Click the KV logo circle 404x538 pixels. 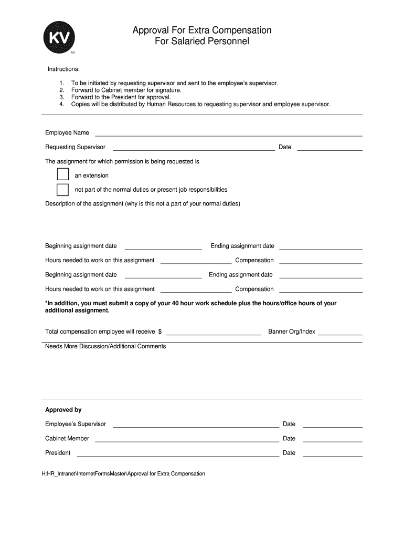(x=59, y=38)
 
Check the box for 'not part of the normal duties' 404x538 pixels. (x=62, y=189)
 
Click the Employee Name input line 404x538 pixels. (x=228, y=135)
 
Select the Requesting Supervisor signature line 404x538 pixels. (x=194, y=149)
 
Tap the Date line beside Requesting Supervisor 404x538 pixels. (x=329, y=149)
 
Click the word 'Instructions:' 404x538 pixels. (x=63, y=69)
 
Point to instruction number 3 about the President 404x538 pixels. (x=121, y=97)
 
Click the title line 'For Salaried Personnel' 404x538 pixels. (x=201, y=41)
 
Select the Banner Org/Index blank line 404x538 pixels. (x=340, y=334)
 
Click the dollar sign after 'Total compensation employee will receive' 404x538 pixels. (x=160, y=332)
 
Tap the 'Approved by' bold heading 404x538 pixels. (x=63, y=410)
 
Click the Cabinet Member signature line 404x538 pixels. (x=196, y=441)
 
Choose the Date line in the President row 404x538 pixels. (x=333, y=455)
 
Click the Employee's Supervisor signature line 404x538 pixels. (x=196, y=427)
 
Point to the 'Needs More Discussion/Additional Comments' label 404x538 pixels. (x=105, y=346)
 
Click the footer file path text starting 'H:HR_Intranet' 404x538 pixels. (x=125, y=473)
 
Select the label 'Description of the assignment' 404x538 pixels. (x=84, y=203)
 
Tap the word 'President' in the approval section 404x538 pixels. (x=58, y=453)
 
